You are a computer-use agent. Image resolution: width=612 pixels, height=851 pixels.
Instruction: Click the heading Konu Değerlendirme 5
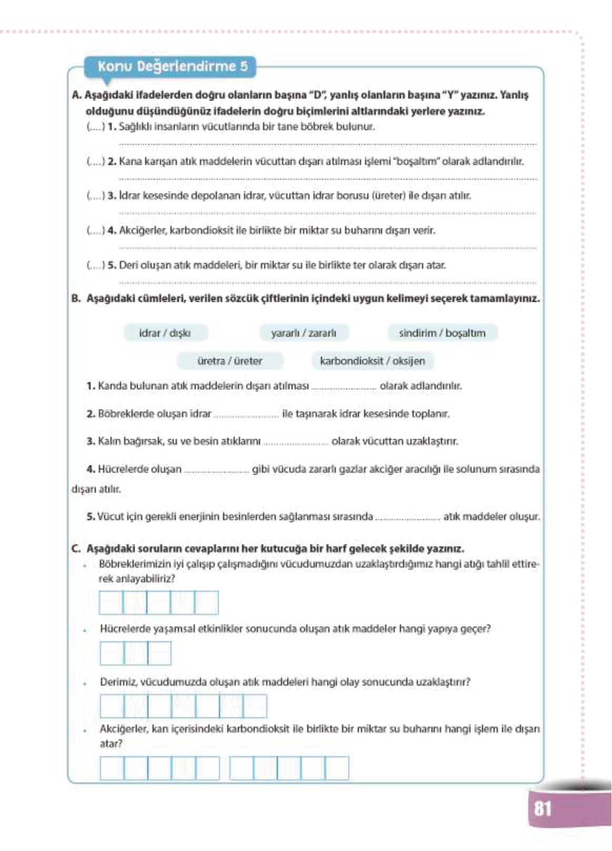172,67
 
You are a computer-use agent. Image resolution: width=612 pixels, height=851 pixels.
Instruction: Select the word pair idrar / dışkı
165,333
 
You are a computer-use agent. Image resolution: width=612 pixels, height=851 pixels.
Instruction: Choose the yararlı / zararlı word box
303,333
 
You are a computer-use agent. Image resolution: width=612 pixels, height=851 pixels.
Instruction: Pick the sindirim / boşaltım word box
442,333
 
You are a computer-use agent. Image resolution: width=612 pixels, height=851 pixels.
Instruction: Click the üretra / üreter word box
229,361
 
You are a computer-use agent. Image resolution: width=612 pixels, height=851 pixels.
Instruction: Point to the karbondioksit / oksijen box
372,361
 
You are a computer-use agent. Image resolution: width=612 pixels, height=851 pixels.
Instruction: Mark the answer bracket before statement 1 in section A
95,127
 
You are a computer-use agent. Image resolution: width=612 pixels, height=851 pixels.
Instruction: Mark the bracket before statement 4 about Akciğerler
95,231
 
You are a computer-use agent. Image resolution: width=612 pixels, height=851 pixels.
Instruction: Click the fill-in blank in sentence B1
344,387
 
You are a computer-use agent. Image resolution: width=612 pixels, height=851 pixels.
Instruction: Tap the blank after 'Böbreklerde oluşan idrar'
246,414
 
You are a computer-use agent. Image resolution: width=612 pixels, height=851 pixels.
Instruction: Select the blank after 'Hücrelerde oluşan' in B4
216,470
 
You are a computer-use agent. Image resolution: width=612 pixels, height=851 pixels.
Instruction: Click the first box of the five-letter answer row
111,602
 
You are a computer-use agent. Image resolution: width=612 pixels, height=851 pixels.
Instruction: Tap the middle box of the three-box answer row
136,654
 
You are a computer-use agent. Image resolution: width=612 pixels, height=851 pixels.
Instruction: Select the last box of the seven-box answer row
255,706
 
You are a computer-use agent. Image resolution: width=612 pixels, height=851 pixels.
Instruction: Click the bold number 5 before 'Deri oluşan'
112,265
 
